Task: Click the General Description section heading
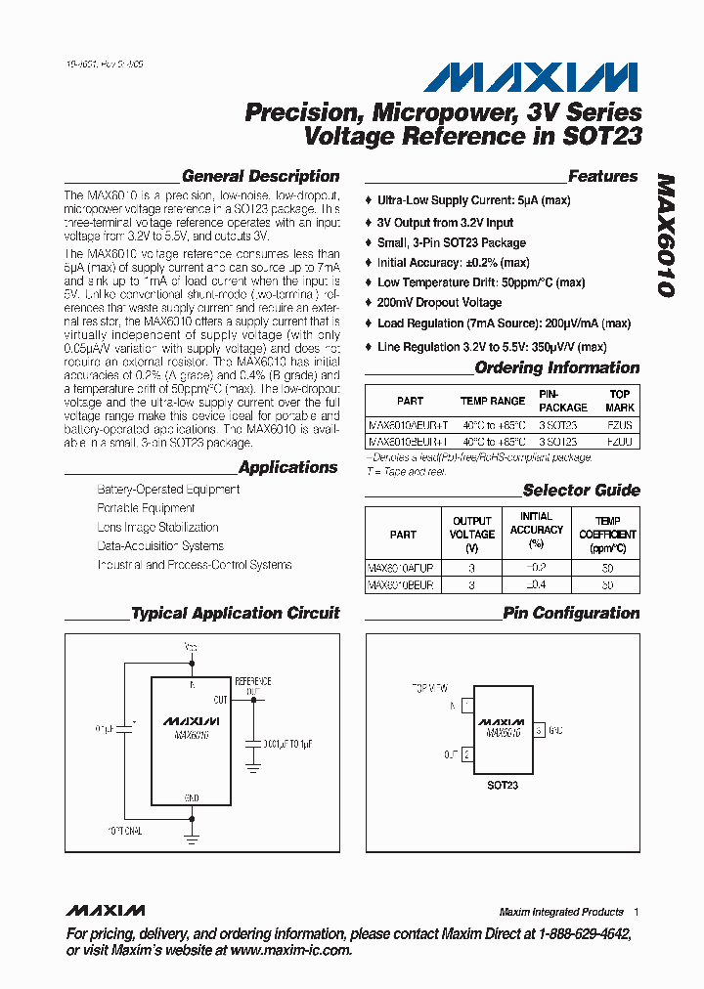point(260,177)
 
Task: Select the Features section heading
point(602,177)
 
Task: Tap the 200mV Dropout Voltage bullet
point(439,303)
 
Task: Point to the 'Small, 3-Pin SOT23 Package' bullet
point(452,242)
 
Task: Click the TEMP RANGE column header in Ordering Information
point(493,401)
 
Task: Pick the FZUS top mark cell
point(619,426)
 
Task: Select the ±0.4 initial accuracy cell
point(536,584)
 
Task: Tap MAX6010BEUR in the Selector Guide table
point(401,584)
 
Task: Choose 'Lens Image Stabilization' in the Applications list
point(157,527)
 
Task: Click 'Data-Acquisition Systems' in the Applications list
point(160,546)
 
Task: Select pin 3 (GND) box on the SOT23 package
point(539,730)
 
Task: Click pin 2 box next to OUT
point(467,753)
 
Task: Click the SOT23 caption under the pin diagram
point(503,785)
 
